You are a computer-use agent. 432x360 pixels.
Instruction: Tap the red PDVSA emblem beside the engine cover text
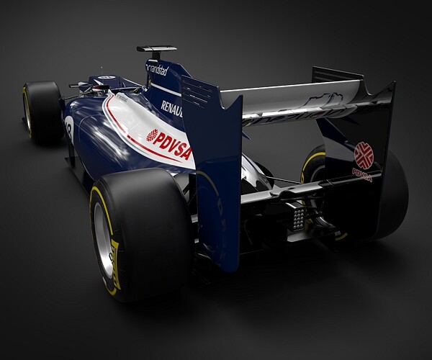(153, 135)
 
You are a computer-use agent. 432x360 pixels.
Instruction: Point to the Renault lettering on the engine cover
(171, 108)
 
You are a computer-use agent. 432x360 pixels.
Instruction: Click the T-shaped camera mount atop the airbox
(156, 50)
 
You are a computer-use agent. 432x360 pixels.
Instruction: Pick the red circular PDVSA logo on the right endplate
(364, 155)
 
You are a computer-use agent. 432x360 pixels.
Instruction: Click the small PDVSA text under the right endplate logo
(362, 174)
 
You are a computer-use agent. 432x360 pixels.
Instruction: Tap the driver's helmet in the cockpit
(99, 89)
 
